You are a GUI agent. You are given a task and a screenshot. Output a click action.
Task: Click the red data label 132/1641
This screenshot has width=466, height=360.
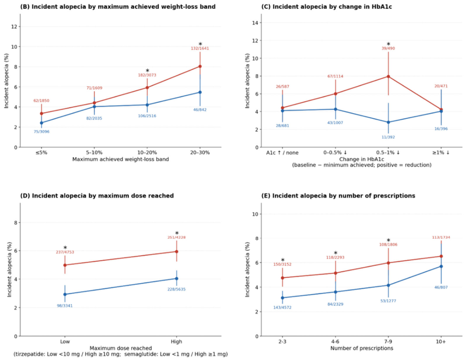[200, 48]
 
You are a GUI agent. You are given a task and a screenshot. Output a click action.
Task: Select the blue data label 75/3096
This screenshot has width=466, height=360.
[41, 132]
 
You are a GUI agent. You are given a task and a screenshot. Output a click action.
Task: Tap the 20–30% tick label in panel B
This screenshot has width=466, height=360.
[200, 153]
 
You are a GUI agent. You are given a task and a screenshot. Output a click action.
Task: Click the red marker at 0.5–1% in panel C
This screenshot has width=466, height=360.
[389, 76]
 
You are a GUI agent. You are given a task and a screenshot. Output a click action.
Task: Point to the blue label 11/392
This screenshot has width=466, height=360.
[388, 137]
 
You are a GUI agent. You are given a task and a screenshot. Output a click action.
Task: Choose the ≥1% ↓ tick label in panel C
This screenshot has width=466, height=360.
[441, 153]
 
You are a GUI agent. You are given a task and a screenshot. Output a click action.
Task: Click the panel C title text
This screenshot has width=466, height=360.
[327, 6]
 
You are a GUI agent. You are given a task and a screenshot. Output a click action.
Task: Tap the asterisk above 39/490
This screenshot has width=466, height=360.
[389, 44]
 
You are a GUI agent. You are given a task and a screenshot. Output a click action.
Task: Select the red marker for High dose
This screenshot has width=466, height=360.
[176, 251]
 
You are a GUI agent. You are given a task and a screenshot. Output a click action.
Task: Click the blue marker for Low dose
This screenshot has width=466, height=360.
[65, 294]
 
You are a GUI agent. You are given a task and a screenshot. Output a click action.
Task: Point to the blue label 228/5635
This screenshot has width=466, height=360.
[176, 289]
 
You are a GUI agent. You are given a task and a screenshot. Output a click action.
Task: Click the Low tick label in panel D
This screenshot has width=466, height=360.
[65, 342]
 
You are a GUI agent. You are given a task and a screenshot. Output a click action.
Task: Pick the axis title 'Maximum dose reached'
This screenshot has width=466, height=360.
[121, 348]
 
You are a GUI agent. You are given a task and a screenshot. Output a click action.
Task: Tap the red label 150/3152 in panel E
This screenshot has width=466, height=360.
[282, 264]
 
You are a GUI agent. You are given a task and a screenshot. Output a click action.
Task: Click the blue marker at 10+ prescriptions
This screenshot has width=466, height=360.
[441, 266]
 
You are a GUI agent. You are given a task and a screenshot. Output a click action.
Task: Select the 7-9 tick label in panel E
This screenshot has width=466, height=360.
[388, 342]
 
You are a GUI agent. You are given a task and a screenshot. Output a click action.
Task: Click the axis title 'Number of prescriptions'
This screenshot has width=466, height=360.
[362, 348]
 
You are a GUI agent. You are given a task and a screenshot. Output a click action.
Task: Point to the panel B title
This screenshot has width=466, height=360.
[118, 6]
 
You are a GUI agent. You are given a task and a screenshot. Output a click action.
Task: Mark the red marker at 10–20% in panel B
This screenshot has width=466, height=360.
[147, 87]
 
